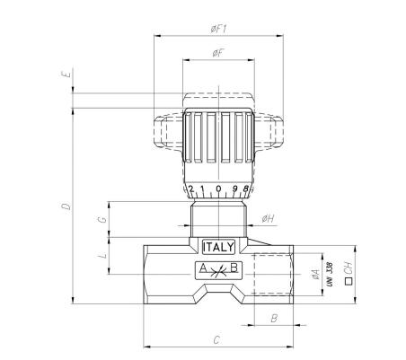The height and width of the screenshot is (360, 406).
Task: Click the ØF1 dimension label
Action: pyautogui.click(x=218, y=29)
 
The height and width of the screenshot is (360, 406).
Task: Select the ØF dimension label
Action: pyautogui.click(x=218, y=53)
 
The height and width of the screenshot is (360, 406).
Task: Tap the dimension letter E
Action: pyautogui.click(x=67, y=74)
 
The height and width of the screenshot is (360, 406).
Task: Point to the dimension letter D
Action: pyautogui.click(x=66, y=206)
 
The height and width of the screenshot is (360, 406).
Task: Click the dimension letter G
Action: pyautogui.click(x=102, y=220)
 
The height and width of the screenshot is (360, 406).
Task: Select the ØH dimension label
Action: pyautogui.click(x=268, y=219)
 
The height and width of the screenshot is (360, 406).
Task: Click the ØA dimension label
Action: pyautogui.click(x=315, y=274)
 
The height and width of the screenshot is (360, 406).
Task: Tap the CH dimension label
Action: pyautogui.click(x=349, y=268)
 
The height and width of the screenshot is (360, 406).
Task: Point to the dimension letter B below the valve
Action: pyautogui.click(x=274, y=319)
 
